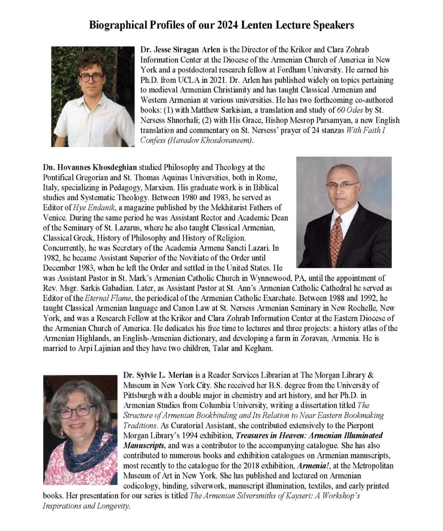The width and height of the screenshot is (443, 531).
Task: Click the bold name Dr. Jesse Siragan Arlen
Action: pyautogui.click(x=180, y=50)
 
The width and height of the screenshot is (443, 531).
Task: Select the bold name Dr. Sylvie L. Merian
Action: pyautogui.click(x=158, y=375)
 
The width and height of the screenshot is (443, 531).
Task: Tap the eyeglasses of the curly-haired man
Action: pyautogui.click(x=91, y=77)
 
